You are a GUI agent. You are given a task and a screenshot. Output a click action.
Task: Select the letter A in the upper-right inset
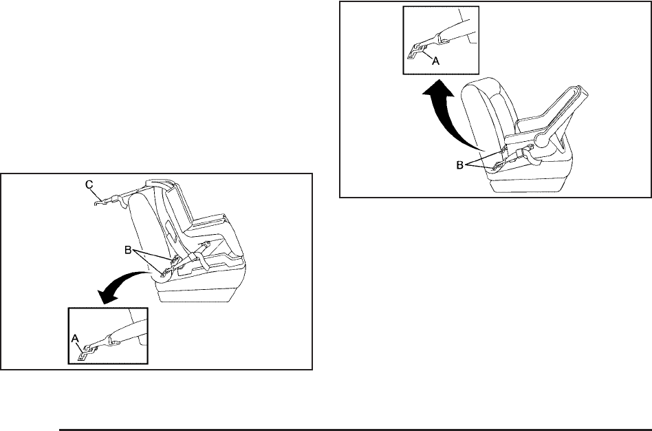tap(435, 60)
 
